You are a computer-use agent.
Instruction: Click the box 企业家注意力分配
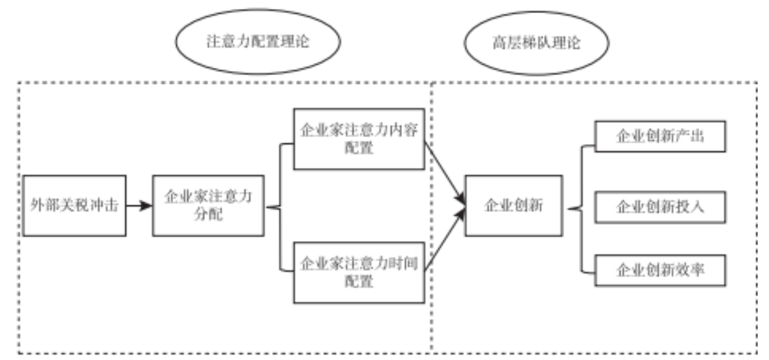(x=208, y=206)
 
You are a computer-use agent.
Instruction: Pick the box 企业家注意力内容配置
(x=359, y=139)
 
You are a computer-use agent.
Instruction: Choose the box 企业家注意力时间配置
(x=359, y=271)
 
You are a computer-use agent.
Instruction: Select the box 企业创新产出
(x=659, y=137)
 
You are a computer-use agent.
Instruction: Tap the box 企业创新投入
(x=659, y=206)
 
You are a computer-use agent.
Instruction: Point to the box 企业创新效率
(x=659, y=270)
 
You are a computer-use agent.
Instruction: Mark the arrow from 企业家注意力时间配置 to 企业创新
(x=445, y=240)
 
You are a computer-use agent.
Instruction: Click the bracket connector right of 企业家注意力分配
(x=279, y=207)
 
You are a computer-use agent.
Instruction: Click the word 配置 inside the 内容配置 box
(x=359, y=149)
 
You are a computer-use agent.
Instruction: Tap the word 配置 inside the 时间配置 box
(x=359, y=281)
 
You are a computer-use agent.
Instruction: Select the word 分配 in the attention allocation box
(x=208, y=215)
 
